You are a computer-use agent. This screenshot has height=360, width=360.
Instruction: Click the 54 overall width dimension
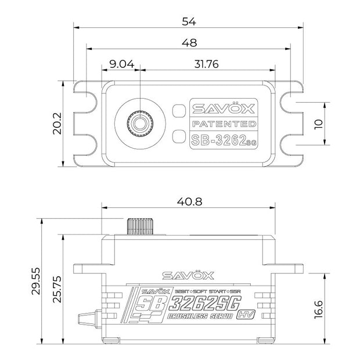(189, 21)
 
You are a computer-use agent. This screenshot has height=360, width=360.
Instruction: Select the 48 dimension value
(189, 42)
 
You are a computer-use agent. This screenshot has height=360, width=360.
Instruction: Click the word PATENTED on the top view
(224, 124)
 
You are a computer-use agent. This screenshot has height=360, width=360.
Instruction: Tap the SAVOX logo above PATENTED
(224, 108)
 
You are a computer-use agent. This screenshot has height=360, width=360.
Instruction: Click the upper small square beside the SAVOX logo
(178, 109)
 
